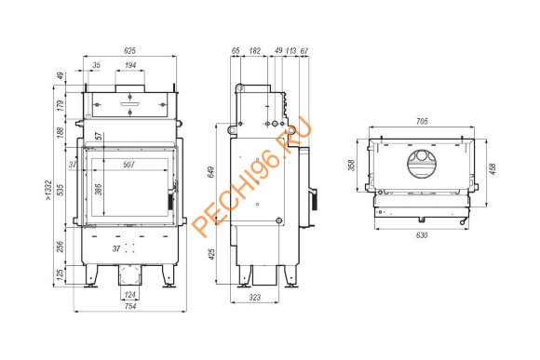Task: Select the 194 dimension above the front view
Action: coord(129,66)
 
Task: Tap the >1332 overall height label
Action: coord(47,191)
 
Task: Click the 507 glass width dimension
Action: coord(128,166)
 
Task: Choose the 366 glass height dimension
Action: coord(98,189)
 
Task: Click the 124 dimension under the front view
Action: coord(129,296)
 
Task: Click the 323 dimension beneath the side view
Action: coord(255,298)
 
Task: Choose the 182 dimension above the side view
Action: coord(255,49)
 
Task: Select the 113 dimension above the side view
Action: coord(291,49)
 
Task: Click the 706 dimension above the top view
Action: coord(421,121)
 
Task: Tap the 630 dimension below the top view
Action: coord(421,235)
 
